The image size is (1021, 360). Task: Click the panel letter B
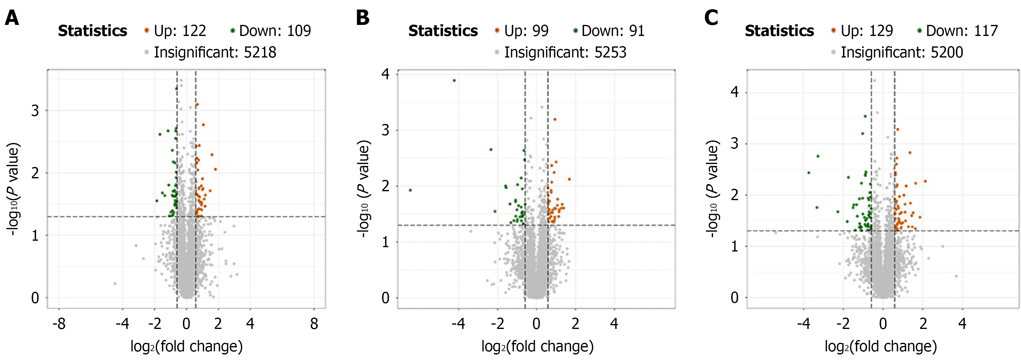[362, 18]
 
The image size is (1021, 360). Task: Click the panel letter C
[711, 18]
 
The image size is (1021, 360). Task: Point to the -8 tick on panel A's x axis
[59, 324]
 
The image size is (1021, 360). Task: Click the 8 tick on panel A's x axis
[314, 324]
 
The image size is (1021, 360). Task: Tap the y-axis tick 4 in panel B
[385, 74]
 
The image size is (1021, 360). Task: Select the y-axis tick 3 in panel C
[735, 144]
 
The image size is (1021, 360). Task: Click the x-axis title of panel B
[537, 346]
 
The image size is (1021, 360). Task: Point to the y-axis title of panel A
[13, 189]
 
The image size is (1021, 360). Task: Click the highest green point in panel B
[454, 81]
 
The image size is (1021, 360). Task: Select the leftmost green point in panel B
[410, 190]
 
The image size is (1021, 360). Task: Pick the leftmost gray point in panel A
[115, 283]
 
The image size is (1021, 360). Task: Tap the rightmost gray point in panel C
[956, 276]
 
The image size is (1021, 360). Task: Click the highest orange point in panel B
[554, 119]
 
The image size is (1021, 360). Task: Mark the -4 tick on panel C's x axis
[803, 324]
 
